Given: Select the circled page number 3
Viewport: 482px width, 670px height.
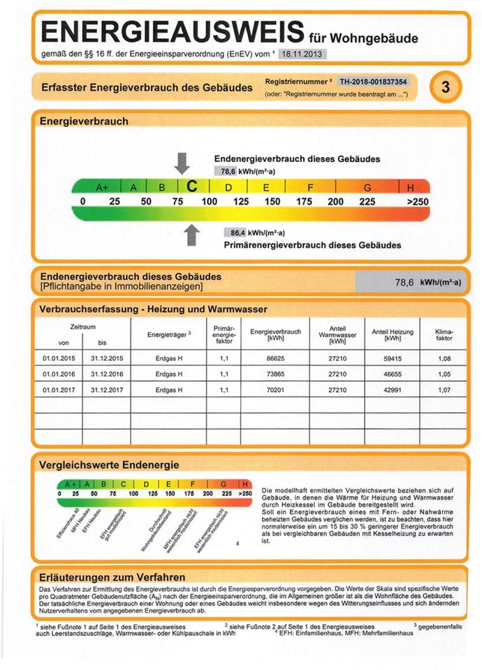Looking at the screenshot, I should point(444,87).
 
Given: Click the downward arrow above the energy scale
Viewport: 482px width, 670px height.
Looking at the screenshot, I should point(182,163).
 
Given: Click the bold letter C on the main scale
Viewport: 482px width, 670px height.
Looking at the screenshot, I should point(191,186).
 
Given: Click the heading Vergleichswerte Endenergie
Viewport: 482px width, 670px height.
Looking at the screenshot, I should point(110,464).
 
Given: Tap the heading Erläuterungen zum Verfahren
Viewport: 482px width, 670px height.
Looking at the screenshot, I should point(112,577).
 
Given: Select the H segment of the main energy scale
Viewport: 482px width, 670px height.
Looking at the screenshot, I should point(410,186).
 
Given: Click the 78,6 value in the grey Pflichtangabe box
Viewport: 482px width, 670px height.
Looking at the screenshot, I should point(404,283).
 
